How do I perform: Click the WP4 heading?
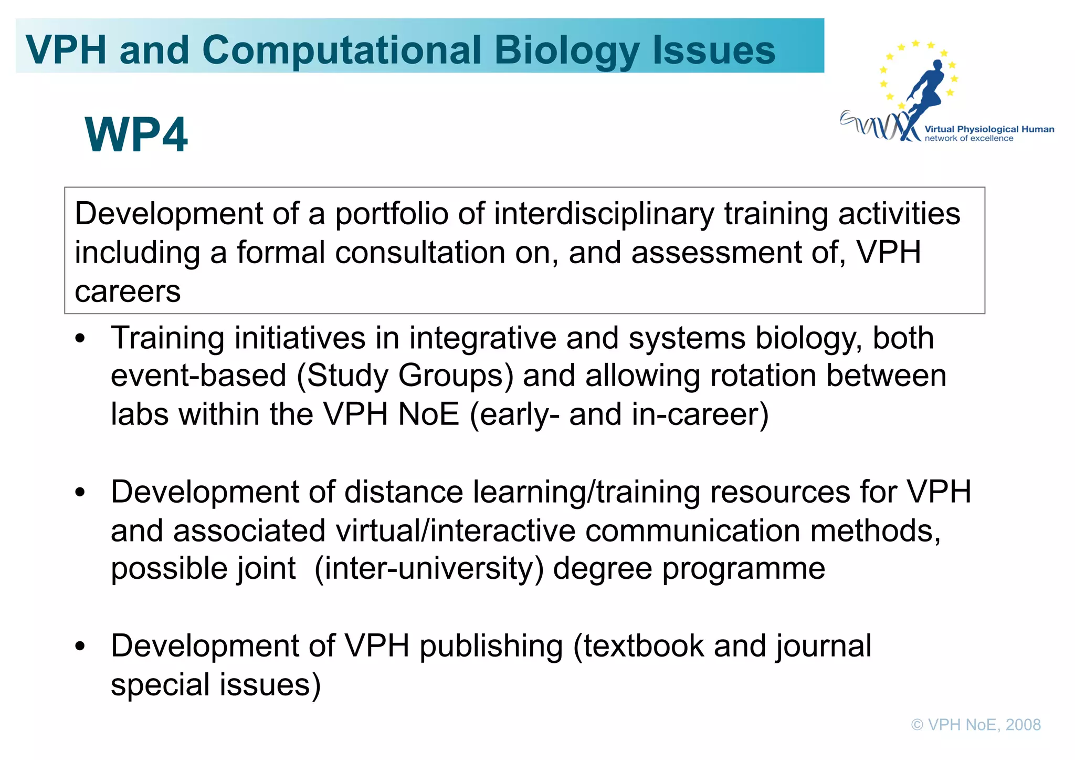point(136,135)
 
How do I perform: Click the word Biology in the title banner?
point(566,51)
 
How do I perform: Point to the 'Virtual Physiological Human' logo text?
point(989,129)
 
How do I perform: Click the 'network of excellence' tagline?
point(969,139)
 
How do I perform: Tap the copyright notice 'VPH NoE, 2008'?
point(976,725)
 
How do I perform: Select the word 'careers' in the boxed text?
point(128,291)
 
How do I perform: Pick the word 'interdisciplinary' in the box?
point(604,214)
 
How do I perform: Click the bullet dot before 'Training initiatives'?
point(80,339)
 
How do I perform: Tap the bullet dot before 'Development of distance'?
point(80,493)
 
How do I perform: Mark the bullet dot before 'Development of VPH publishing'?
point(80,647)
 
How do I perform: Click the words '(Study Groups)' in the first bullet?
point(405,376)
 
